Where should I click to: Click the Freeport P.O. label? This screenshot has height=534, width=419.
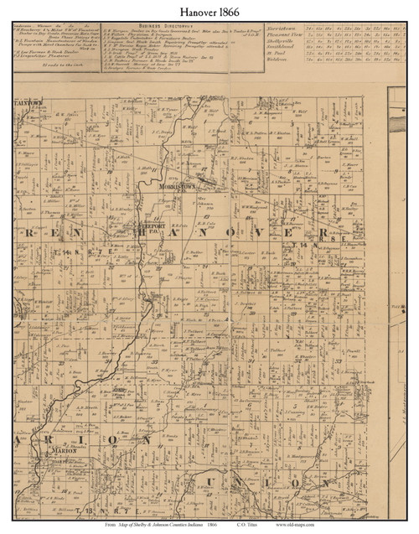coord(147,225)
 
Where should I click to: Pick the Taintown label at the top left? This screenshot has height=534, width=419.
coord(30,98)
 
